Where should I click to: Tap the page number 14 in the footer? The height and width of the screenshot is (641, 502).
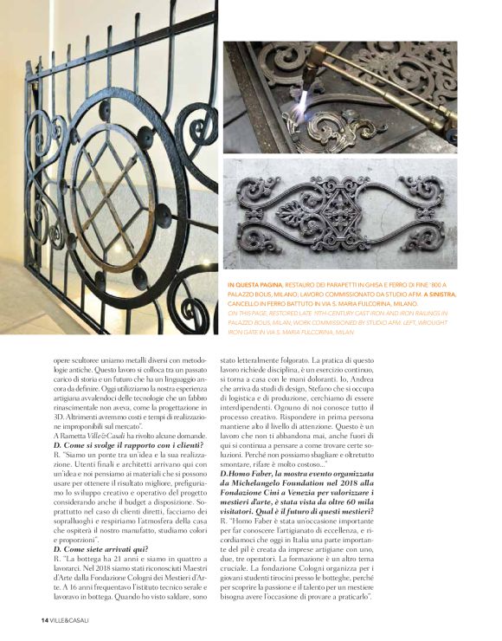(x=44, y=621)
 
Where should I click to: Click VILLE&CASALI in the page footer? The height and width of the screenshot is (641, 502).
(x=71, y=621)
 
